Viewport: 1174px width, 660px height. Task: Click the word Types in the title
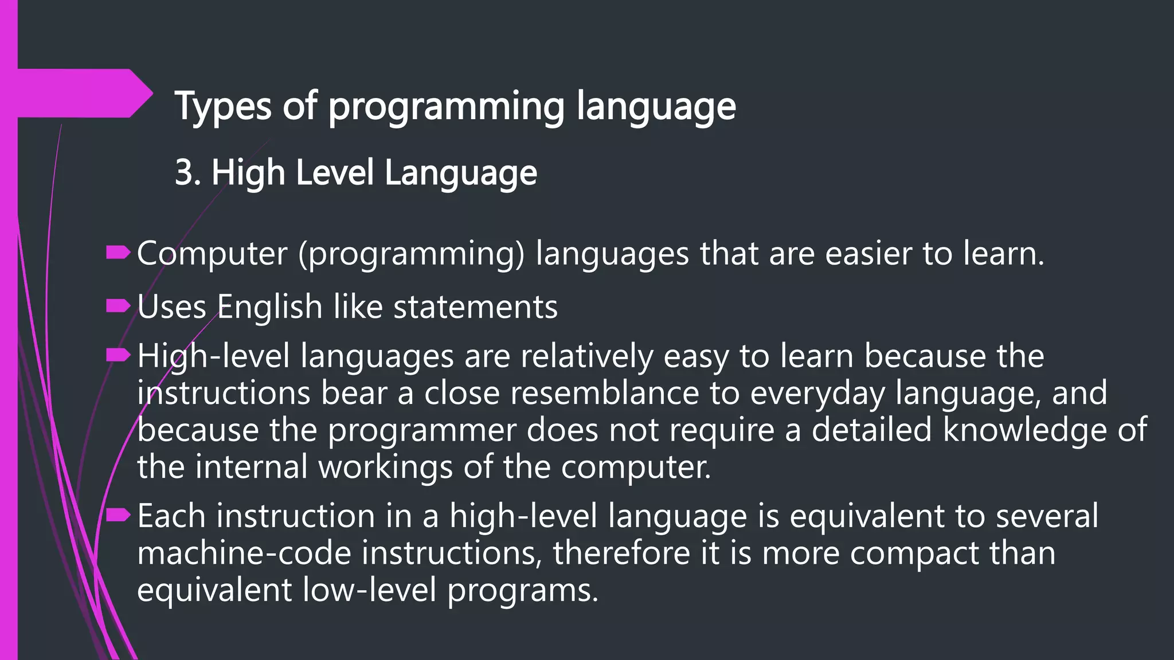(222, 107)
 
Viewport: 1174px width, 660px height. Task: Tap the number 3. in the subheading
(188, 172)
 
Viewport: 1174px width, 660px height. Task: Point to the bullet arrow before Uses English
(119, 306)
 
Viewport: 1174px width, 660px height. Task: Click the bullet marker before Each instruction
(119, 515)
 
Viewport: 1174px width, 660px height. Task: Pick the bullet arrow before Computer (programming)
(119, 253)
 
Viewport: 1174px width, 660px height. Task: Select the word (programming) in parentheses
(411, 254)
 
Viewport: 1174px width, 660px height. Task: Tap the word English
(269, 307)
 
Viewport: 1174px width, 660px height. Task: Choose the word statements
(475, 307)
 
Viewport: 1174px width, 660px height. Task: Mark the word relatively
(587, 356)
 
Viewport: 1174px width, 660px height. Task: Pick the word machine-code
(244, 553)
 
